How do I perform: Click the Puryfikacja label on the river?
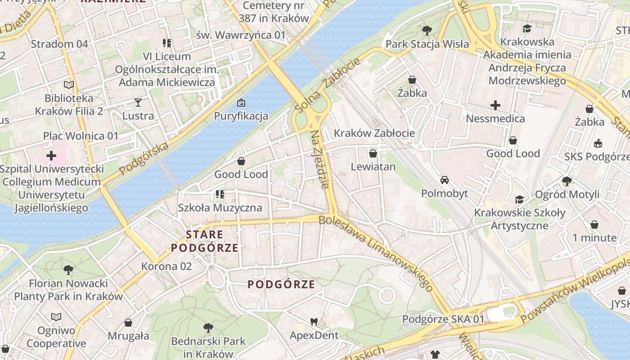pos(241,116)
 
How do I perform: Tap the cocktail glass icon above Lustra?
pos(138,103)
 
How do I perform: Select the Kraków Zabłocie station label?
pos(374,133)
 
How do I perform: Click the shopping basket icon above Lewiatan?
pos(373,153)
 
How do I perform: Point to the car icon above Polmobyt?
pos(445,180)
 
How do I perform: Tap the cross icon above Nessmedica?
pos(495,105)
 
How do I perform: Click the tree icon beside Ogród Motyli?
pos(567,181)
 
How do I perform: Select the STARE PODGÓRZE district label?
pos(205,241)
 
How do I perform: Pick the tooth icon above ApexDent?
pos(314,322)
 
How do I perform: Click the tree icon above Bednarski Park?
pos(208,328)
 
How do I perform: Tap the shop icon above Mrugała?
pos(128,323)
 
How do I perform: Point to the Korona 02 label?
pos(166,266)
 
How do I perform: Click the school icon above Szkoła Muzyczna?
pos(220,194)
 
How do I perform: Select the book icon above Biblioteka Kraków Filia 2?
pos(69,85)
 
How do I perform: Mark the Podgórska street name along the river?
pos(144,158)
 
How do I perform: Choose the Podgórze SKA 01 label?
pos(443,319)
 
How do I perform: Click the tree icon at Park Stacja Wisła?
pos(427,31)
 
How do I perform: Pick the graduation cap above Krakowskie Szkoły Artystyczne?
pos(520,199)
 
